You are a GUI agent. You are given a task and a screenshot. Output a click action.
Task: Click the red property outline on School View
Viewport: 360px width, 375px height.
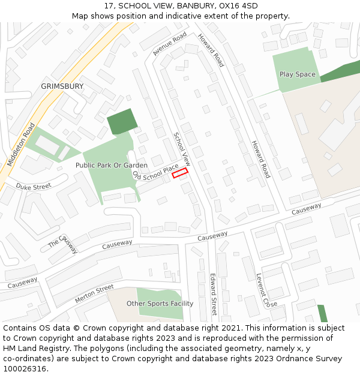pyautogui.click(x=180, y=173)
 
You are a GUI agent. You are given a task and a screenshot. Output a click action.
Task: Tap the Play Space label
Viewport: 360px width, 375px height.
pyautogui.click(x=297, y=74)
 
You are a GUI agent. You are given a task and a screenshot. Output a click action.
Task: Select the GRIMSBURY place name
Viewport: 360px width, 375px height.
pyautogui.click(x=62, y=86)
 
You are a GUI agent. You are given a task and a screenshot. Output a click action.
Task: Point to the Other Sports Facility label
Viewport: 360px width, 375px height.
pyautogui.click(x=160, y=304)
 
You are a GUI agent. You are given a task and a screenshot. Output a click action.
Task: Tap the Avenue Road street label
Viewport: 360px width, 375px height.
pyautogui.click(x=170, y=45)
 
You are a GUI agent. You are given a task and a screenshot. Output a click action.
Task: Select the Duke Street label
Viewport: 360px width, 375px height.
pyautogui.click(x=34, y=187)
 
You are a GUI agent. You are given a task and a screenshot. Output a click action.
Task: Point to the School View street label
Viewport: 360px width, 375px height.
pyautogui.click(x=182, y=149)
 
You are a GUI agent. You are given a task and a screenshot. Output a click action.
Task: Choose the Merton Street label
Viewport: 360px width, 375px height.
pyautogui.click(x=94, y=293)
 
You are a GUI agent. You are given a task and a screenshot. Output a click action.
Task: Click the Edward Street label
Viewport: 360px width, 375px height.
pyautogui.click(x=213, y=294)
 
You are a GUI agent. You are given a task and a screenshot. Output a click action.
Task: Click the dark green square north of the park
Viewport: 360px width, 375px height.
pyautogui.click(x=122, y=121)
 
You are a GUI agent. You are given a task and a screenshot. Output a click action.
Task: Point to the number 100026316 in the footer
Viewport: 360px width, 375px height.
pyautogui.click(x=25, y=369)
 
